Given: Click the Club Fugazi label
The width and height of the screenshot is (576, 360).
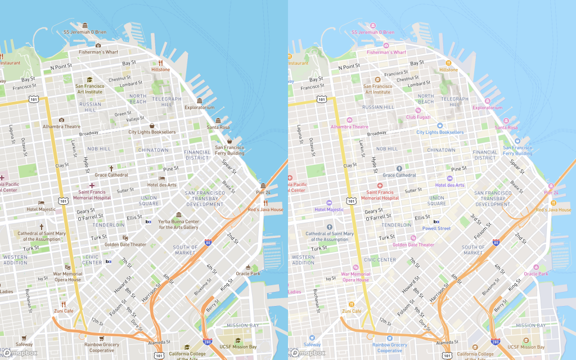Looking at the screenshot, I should tap(418, 116).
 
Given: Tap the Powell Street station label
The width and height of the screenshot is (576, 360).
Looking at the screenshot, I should tap(436, 228).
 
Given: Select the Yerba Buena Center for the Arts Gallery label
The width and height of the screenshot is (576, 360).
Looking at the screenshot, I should tap(178, 224).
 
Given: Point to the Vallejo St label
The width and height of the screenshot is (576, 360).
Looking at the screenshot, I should tap(136, 119).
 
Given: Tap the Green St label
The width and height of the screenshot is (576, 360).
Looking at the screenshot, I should tap(123, 114).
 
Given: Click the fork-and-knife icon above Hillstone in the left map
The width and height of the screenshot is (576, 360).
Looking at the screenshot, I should tap(160, 62).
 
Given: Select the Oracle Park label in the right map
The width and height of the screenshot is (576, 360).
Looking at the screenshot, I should tap(535, 274).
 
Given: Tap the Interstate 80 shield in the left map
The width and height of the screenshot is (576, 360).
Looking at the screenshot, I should tap(208, 242).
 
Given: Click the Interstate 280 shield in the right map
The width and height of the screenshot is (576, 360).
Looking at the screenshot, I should tap(495, 341).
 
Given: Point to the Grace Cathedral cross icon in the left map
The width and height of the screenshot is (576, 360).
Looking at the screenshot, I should tap(111, 168).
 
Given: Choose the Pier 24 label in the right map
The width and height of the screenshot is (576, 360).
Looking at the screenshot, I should tap(551, 192).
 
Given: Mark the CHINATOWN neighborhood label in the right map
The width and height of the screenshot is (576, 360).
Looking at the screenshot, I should tap(441, 150).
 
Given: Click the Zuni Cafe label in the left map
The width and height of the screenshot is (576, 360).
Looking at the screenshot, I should tap(64, 310).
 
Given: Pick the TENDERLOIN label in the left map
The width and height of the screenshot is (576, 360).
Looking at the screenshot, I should tap(108, 224).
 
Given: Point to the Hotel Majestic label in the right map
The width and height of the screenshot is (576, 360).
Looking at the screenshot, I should tap(328, 210).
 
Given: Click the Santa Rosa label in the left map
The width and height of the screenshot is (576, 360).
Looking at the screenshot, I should tap(218, 127).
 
